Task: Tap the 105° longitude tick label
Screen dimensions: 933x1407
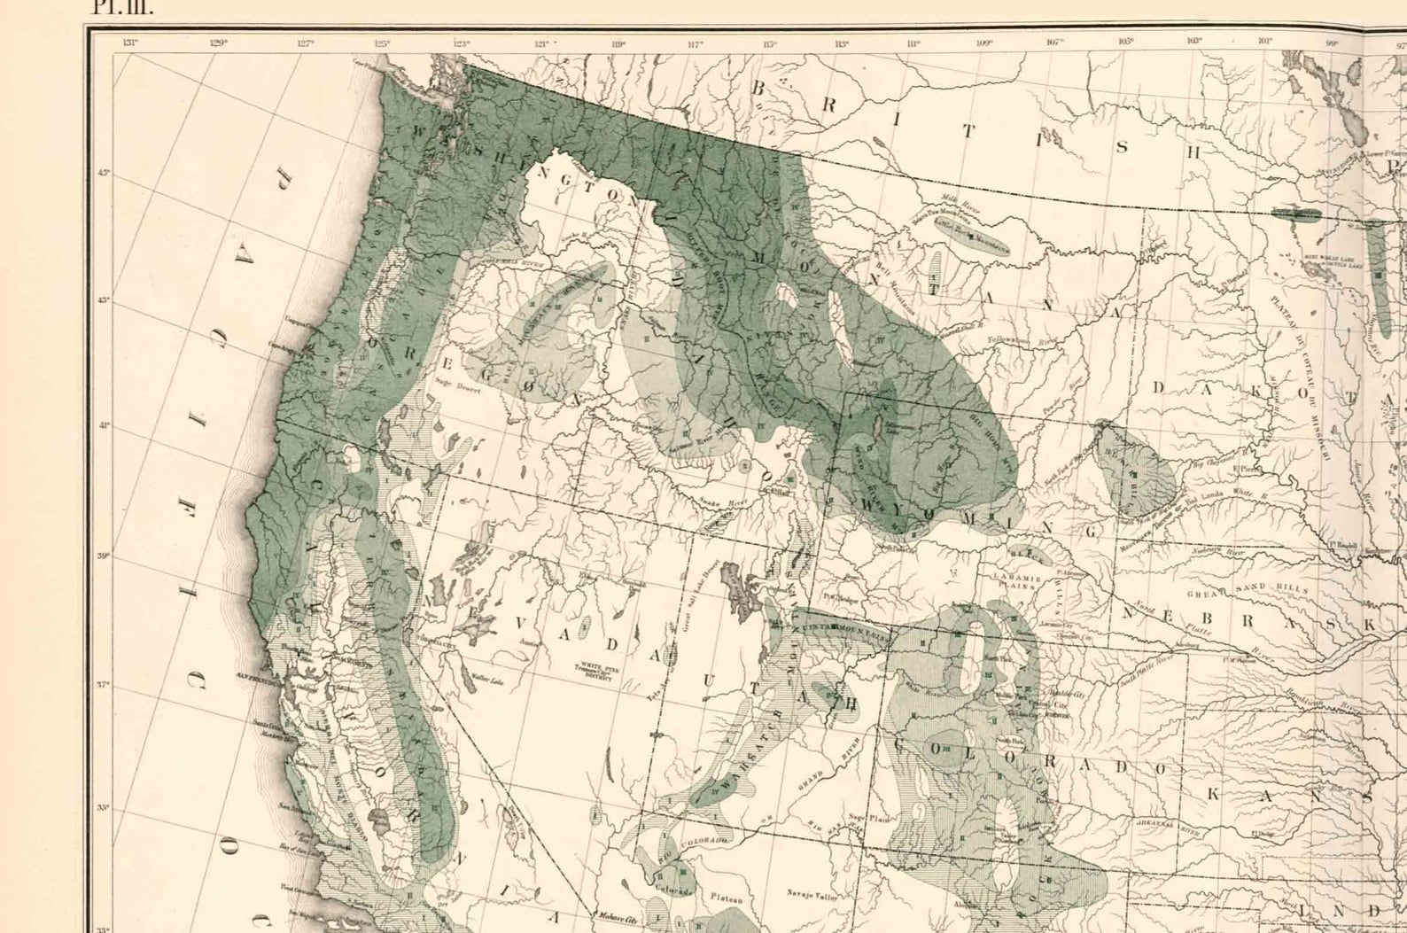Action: click(1126, 42)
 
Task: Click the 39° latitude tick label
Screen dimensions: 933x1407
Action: click(104, 556)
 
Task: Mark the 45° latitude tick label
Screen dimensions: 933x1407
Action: click(104, 174)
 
